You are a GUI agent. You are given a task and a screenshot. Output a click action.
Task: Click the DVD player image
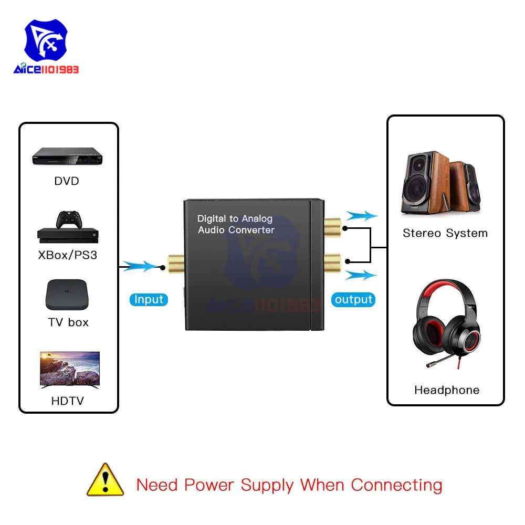[67, 156]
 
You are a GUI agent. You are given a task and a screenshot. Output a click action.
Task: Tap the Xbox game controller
[69, 219]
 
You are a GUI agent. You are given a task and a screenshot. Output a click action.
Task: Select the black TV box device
[67, 295]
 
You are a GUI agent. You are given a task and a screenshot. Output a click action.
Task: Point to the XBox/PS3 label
[68, 255]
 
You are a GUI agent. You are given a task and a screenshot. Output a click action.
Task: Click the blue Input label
[149, 299]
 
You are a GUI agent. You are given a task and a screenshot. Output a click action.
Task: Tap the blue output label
[353, 299]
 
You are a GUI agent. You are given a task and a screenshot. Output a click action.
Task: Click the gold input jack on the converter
[176, 264]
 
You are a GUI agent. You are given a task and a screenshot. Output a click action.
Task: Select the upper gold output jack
[332, 227]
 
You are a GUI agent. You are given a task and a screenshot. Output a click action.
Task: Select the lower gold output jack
[332, 263]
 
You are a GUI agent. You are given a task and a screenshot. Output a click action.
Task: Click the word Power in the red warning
[209, 486]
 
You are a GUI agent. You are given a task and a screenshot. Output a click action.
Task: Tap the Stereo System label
[445, 233]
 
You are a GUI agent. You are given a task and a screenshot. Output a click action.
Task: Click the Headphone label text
[447, 390]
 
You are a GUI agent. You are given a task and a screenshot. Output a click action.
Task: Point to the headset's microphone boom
[442, 361]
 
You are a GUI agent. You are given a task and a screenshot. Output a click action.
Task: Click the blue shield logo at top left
[46, 40]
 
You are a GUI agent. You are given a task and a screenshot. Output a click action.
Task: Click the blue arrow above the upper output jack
[362, 216]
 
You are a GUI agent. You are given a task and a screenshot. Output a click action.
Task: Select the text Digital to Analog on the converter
[235, 218]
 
